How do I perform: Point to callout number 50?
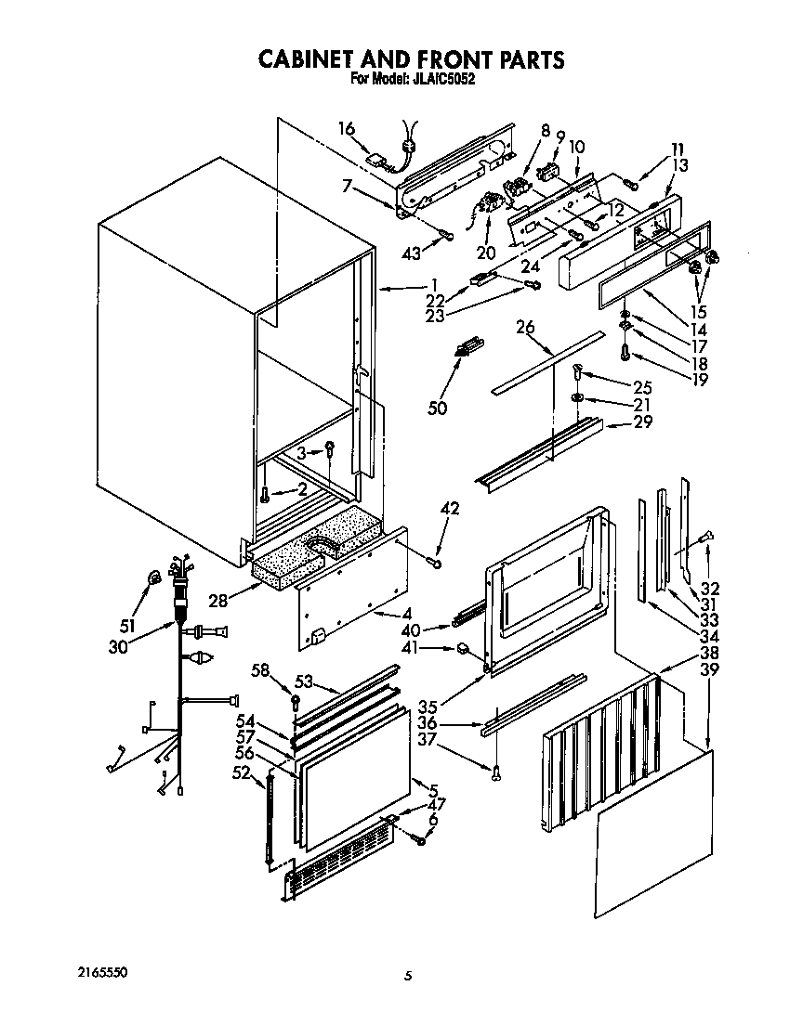(x=437, y=407)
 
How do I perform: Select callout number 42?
(x=450, y=509)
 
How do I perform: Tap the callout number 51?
(x=128, y=624)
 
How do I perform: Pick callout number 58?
(x=261, y=670)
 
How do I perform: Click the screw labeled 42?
(x=436, y=561)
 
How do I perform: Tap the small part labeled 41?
(x=462, y=649)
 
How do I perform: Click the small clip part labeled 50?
(x=467, y=347)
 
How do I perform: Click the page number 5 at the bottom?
(x=407, y=975)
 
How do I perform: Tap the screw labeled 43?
(x=447, y=233)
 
